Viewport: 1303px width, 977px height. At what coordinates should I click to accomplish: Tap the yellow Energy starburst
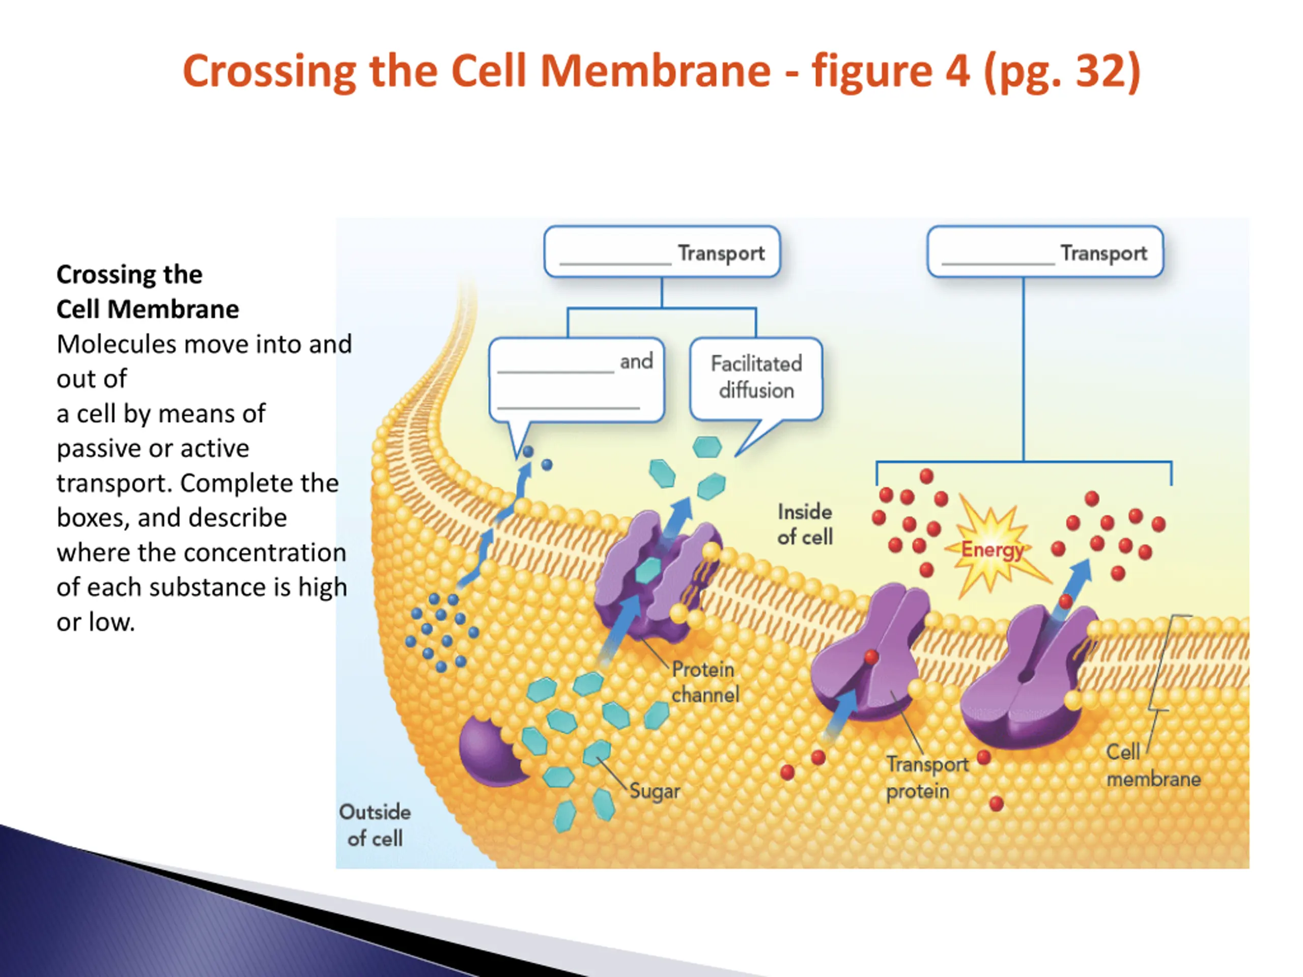[x=991, y=548]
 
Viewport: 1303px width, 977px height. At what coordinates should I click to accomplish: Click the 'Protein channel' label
[x=705, y=682]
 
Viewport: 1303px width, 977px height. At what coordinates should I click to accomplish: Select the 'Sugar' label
[x=655, y=791]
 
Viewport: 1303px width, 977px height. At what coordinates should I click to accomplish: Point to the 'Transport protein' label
[x=926, y=778]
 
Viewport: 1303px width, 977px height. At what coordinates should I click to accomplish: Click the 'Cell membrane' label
[x=1153, y=766]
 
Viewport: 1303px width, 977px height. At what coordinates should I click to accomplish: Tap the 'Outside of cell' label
[x=375, y=825]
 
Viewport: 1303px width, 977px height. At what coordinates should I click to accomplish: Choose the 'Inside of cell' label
[x=805, y=524]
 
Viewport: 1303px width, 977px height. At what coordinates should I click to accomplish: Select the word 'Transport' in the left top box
[x=721, y=253]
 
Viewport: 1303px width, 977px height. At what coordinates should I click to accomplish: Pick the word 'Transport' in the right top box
[x=1103, y=253]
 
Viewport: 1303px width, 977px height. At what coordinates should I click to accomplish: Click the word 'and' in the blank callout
[x=636, y=361]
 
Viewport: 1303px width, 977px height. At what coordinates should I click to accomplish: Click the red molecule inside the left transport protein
[x=871, y=656]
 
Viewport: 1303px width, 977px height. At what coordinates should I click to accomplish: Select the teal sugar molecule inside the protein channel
[x=648, y=570]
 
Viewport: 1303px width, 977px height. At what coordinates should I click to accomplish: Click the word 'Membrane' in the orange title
[x=655, y=71]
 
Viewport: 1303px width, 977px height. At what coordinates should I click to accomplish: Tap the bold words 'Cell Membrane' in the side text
[x=148, y=309]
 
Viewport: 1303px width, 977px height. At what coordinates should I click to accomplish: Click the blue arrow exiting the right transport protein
[x=1074, y=589]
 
